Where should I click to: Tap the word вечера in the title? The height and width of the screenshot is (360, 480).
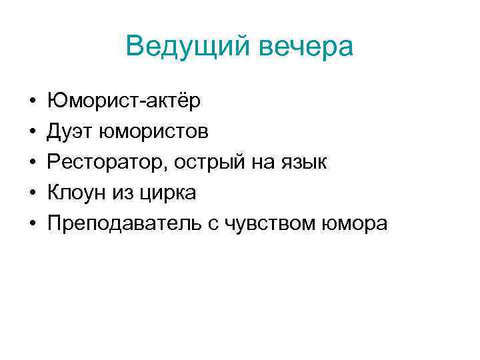pyautogui.click(x=306, y=47)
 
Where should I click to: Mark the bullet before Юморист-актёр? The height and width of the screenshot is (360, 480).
pyautogui.click(x=32, y=102)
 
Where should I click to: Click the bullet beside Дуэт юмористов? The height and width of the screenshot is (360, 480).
pyautogui.click(x=32, y=133)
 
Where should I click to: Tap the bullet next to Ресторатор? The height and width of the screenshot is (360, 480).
pyautogui.click(x=32, y=163)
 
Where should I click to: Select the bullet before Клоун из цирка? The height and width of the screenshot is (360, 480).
pyautogui.click(x=32, y=194)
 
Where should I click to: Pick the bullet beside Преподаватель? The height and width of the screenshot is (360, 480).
pyautogui.click(x=32, y=225)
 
